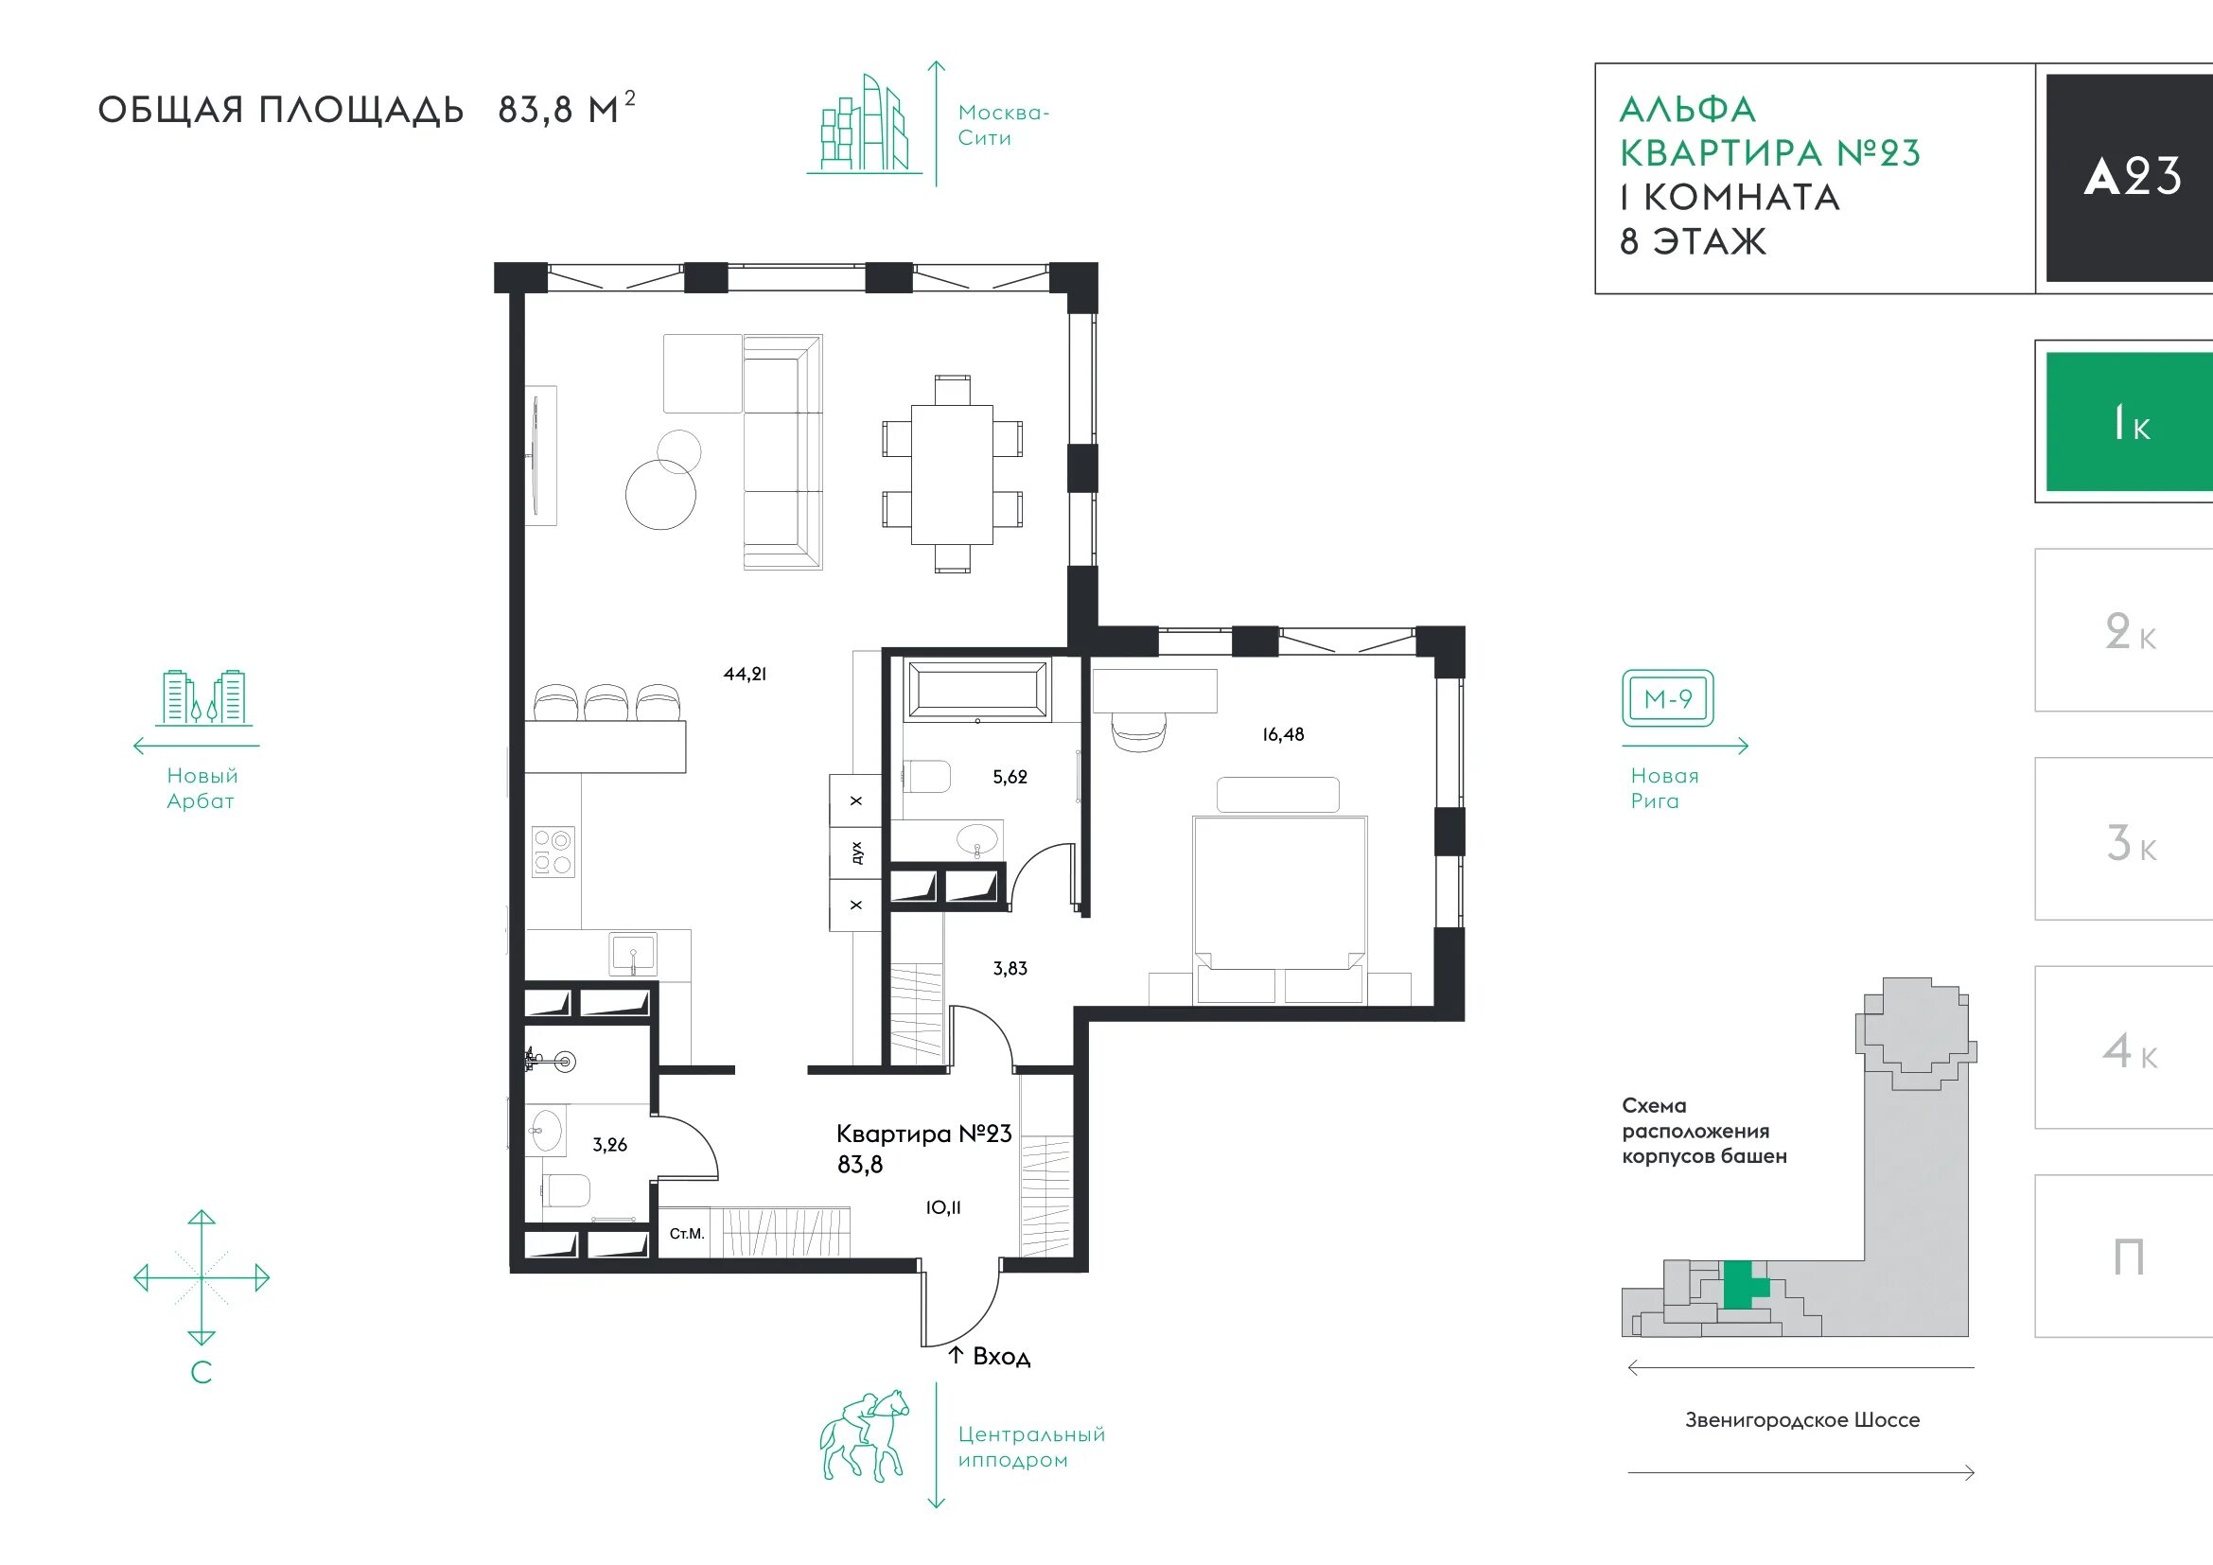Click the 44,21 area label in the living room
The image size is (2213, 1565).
click(745, 675)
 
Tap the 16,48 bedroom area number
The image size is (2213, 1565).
click(1283, 734)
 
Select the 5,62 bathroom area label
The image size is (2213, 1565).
click(1010, 777)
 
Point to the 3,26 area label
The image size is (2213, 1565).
click(609, 1145)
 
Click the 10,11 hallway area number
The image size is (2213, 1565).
click(943, 1207)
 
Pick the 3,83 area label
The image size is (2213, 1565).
click(1010, 969)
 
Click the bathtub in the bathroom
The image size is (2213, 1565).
click(978, 688)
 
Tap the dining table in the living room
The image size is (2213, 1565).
click(953, 475)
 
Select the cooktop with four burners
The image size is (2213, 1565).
click(553, 852)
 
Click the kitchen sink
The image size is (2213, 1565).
click(633, 953)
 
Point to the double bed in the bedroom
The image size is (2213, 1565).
click(1280, 908)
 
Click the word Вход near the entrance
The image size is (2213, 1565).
click(1001, 1357)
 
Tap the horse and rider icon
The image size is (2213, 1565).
click(865, 1435)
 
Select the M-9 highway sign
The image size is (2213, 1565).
click(1667, 698)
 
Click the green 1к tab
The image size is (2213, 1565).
click(2129, 422)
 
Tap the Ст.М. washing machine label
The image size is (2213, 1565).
click(687, 1234)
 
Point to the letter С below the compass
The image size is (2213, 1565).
click(202, 1371)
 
